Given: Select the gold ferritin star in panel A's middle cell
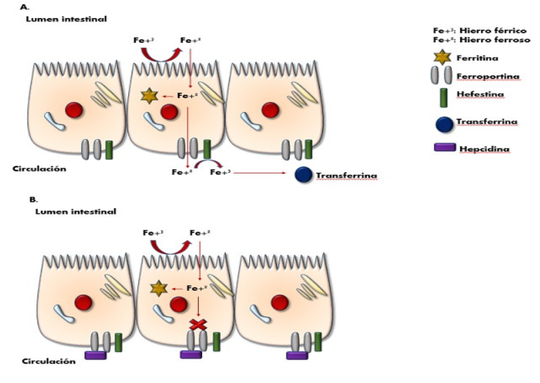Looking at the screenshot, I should pos(148,96).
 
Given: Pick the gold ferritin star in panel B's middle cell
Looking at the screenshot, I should pos(159,289).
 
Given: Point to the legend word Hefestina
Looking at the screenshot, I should pos(480,95).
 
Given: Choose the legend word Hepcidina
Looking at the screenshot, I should pos(482,148).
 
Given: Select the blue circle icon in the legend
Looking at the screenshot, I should pos(444,123).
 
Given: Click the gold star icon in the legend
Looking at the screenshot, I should pos(443,58).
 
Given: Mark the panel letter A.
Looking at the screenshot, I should pos(25,7).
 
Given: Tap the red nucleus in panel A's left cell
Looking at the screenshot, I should pos(75,110).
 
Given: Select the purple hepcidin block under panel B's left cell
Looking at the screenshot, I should pos(95,355).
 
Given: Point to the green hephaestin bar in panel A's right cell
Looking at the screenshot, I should pos(307,149).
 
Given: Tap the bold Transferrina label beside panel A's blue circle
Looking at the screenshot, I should pos(347,176).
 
